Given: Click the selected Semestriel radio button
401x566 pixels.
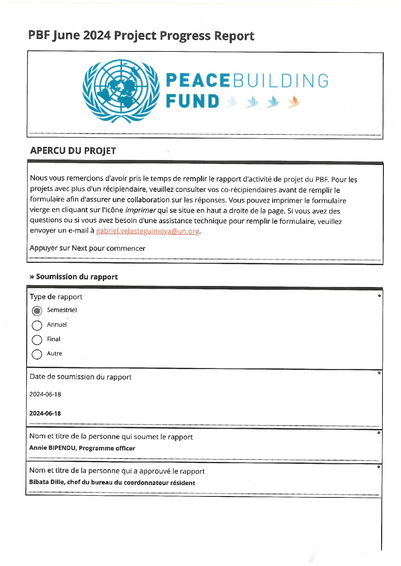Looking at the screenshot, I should pos(37,311).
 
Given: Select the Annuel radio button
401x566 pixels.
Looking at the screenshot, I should pos(37,325).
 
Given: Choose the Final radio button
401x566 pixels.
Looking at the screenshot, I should pos(37,340).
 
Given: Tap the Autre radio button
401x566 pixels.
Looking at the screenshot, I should pos(37,354).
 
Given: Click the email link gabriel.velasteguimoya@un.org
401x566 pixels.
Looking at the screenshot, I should pos(147,231).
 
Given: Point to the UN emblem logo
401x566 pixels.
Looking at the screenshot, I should pos(121,91).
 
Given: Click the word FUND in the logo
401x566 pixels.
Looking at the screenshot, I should pos(193,102).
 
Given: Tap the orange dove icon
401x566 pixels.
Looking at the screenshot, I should pos(294,102).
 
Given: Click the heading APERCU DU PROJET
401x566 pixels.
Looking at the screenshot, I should pos(73,151).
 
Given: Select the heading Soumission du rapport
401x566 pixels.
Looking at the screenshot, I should pos(77,277).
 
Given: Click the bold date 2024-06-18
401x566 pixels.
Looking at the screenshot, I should pos(45,413).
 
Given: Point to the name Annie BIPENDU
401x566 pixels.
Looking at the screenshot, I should pos(53,448).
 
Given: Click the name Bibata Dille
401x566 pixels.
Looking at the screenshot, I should pos(47,482).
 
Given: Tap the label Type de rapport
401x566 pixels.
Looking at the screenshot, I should pos(56,297).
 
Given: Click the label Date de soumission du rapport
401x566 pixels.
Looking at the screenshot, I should pos(81,377).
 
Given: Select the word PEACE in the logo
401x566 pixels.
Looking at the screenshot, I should pos(198,81).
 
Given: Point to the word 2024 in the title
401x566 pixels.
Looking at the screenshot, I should pos(97,36).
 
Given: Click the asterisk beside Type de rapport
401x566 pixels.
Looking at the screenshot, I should pos(379,296).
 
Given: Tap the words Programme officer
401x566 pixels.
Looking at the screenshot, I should pos(107,448).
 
